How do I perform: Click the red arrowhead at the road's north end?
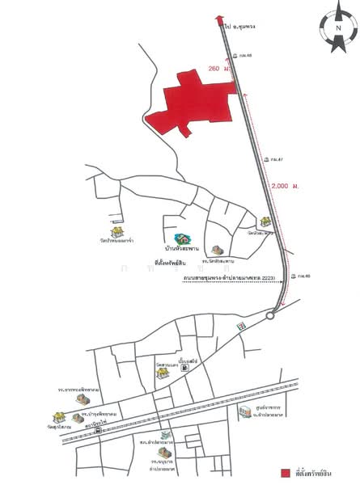tap(218, 20)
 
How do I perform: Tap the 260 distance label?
tap(215, 70)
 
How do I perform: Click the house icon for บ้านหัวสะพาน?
tap(184, 240)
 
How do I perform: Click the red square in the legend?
tap(286, 472)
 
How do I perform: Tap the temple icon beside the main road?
tap(265, 221)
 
